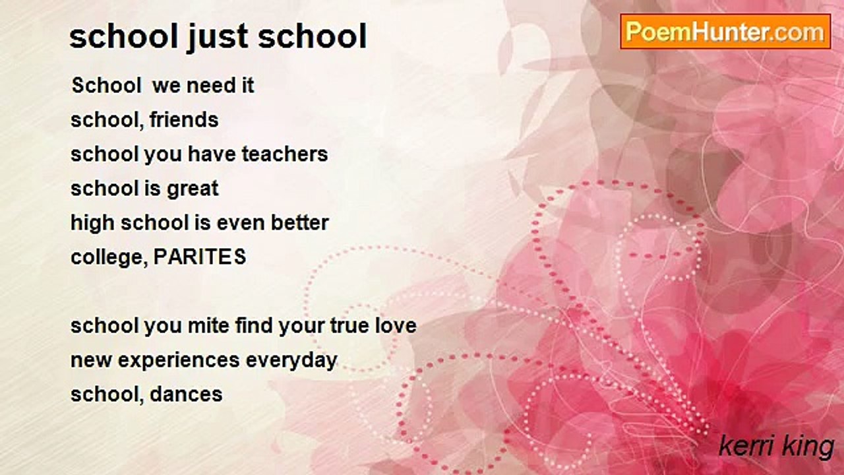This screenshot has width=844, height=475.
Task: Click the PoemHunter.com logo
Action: click(725, 32)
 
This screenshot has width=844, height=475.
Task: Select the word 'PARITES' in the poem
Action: click(200, 257)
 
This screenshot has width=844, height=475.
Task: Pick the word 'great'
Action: click(192, 189)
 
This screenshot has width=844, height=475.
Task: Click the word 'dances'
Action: click(186, 395)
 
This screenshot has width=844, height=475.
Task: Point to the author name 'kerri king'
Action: click(776, 447)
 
